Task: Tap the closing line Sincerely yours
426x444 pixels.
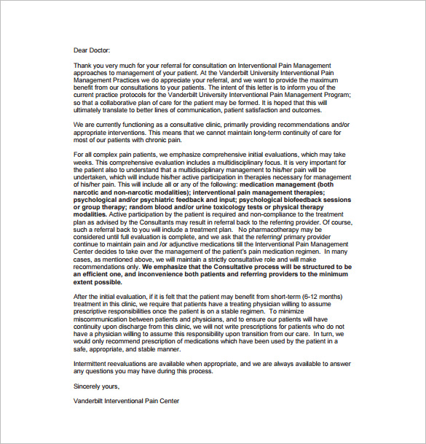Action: click(97, 386)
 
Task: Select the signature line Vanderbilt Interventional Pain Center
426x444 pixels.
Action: click(126, 401)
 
